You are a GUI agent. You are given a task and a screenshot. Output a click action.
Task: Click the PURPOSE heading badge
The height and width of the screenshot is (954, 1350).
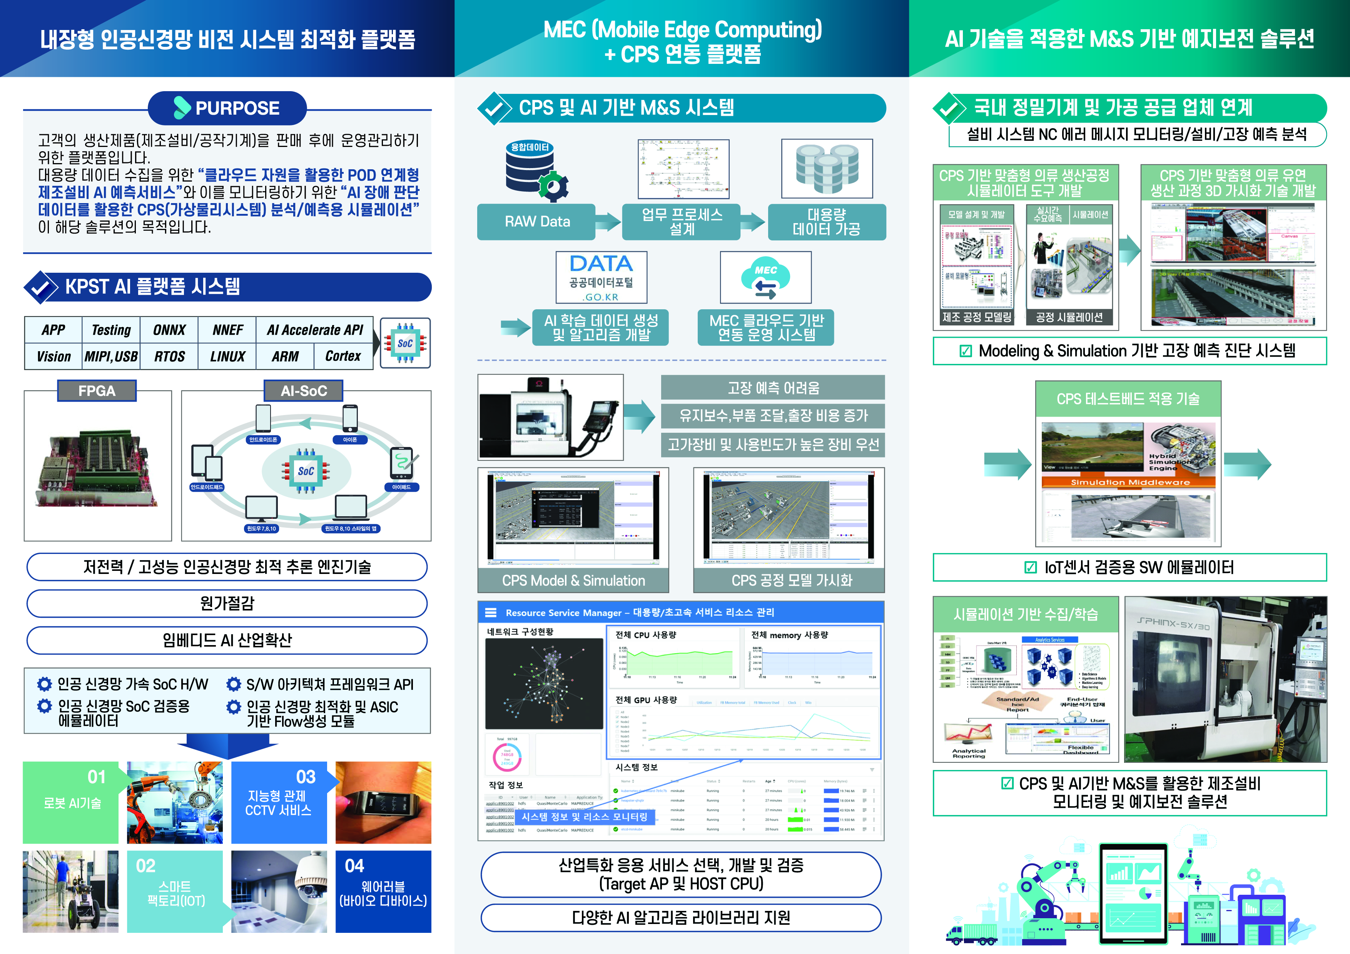coord(227,108)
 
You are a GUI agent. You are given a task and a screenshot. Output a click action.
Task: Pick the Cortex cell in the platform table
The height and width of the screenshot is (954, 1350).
coord(343,356)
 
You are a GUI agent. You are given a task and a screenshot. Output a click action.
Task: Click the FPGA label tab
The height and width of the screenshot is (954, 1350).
coord(97,391)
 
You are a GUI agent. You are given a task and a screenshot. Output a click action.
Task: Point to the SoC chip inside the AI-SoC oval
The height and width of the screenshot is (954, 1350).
coord(306,471)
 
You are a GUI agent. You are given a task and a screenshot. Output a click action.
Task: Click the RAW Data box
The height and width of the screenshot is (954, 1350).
coord(537,222)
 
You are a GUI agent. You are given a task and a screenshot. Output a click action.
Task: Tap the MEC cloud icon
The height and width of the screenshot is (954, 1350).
coord(765,278)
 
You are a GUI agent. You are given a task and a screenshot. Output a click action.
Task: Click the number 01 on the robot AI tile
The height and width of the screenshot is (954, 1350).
coord(97,777)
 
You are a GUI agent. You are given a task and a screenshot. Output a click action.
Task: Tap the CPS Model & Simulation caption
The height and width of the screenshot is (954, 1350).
coord(573,581)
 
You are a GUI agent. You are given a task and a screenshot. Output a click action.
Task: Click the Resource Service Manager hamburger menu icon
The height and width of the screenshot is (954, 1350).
coord(490,612)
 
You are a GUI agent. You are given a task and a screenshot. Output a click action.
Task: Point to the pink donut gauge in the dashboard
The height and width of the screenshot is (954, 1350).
coord(507,757)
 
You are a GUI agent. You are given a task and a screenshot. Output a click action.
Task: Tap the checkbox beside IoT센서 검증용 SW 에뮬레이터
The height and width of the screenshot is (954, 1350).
coord(1030,567)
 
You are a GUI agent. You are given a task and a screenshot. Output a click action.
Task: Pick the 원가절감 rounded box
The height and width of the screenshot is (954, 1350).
coord(227,604)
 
